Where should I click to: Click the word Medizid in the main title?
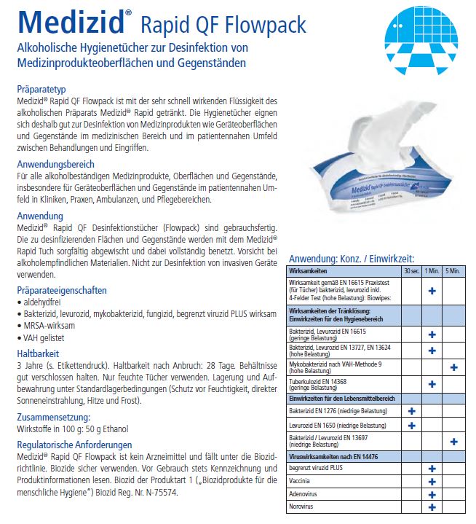70,21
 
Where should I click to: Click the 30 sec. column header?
411,270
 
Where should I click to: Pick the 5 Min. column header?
453,270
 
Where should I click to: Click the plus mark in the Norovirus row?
432,507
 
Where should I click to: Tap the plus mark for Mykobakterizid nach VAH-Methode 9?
453,367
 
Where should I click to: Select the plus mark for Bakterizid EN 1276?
411,411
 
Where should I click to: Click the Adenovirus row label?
305,494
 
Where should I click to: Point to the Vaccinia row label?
302,481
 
